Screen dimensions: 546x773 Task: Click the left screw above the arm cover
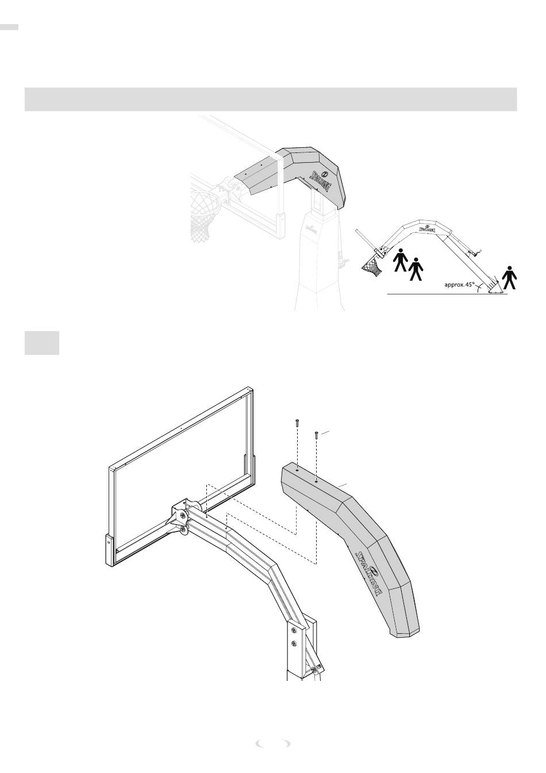(297, 423)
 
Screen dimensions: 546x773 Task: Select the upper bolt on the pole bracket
(293, 628)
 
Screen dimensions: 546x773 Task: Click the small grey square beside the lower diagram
(42, 343)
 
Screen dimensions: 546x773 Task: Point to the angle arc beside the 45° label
(476, 287)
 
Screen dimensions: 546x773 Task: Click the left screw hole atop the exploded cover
(297, 469)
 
